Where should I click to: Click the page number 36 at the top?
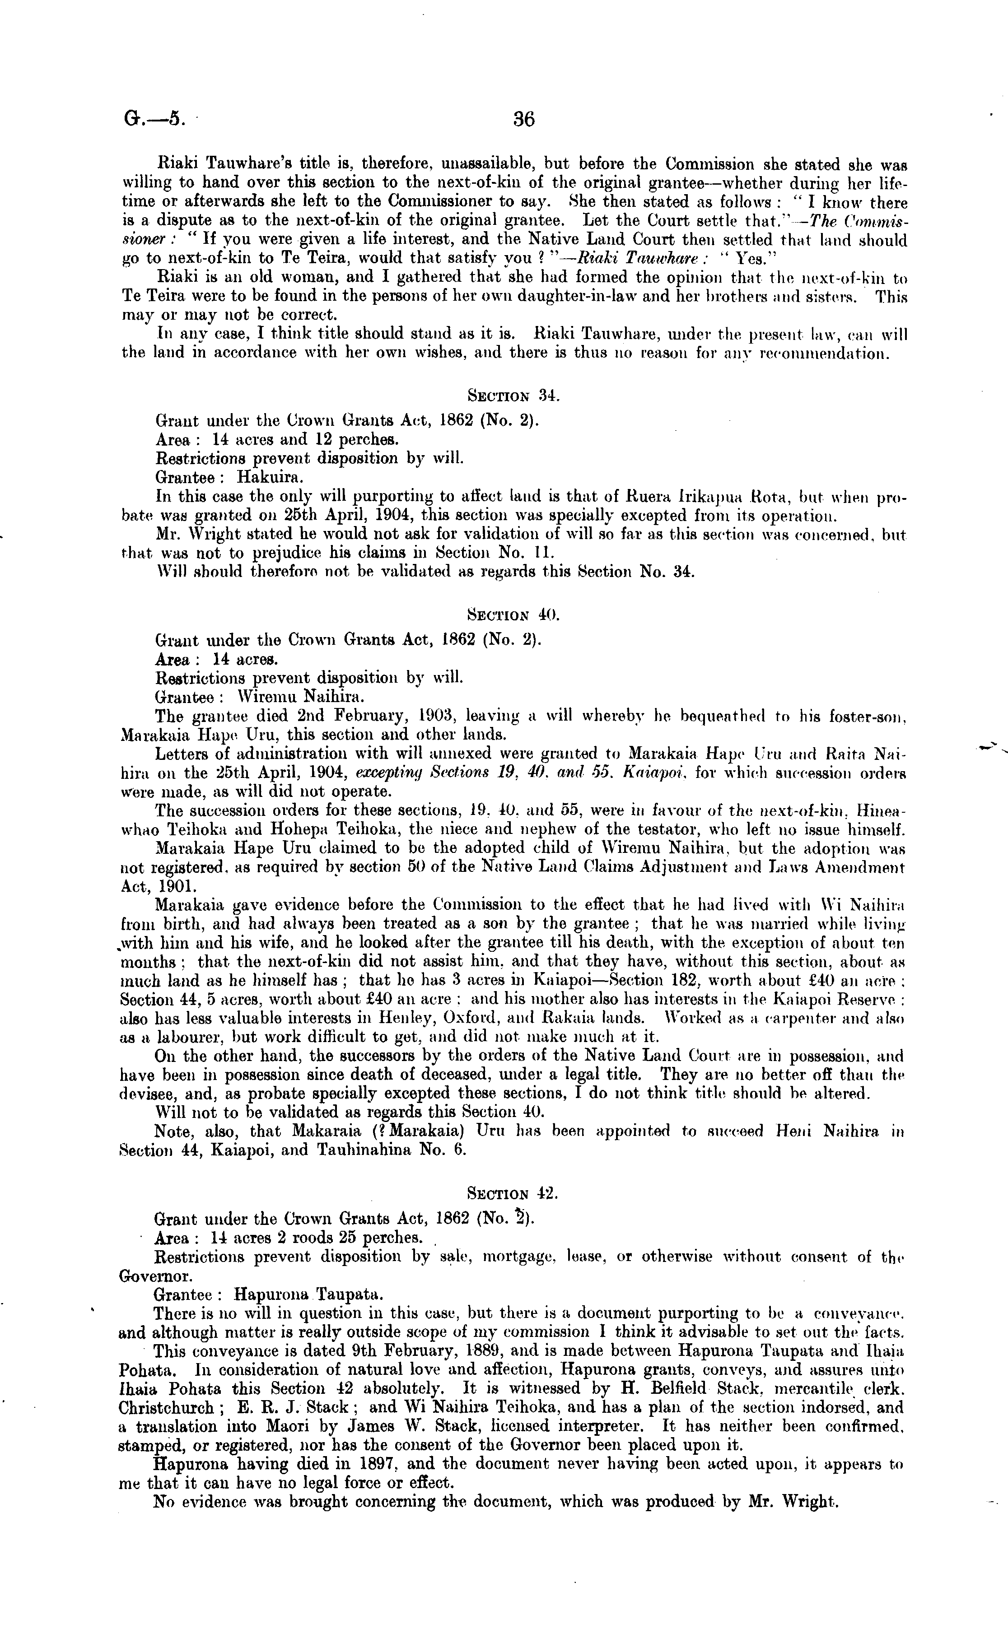pyautogui.click(x=524, y=119)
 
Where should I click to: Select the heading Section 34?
pyautogui.click(x=513, y=396)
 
